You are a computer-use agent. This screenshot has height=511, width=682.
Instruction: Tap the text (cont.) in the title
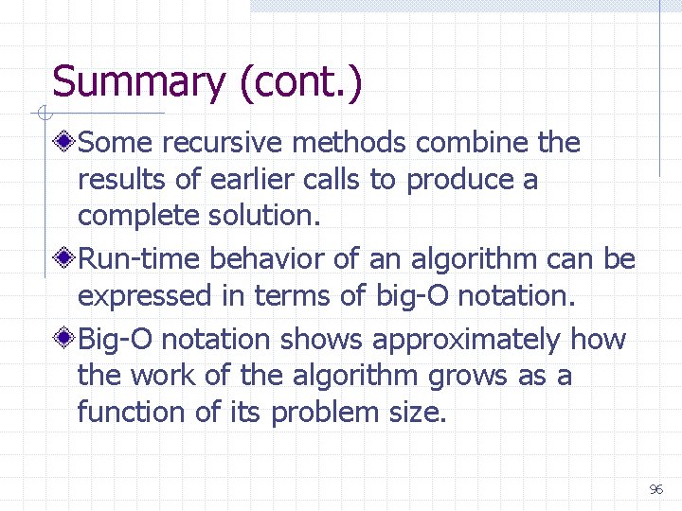pos(300,82)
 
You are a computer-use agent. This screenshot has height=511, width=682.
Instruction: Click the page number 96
pos(655,489)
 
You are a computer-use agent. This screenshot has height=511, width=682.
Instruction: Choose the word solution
pos(270,216)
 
